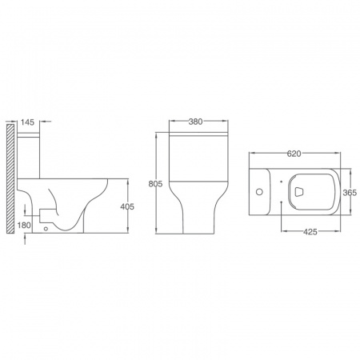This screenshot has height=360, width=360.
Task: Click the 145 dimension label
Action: point(28,122)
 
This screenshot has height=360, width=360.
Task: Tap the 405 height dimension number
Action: point(127,206)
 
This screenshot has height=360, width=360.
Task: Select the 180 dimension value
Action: point(24,226)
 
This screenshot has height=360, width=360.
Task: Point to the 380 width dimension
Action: point(195,122)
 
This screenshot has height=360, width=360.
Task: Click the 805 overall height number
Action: point(155,184)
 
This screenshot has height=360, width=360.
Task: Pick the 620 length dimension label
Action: point(294,154)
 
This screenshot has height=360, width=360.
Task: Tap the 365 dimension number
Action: point(350,193)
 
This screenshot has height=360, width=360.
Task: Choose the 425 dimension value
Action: point(310,232)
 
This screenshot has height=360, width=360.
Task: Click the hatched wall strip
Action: point(10,178)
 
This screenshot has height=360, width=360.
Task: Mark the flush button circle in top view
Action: point(259,192)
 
